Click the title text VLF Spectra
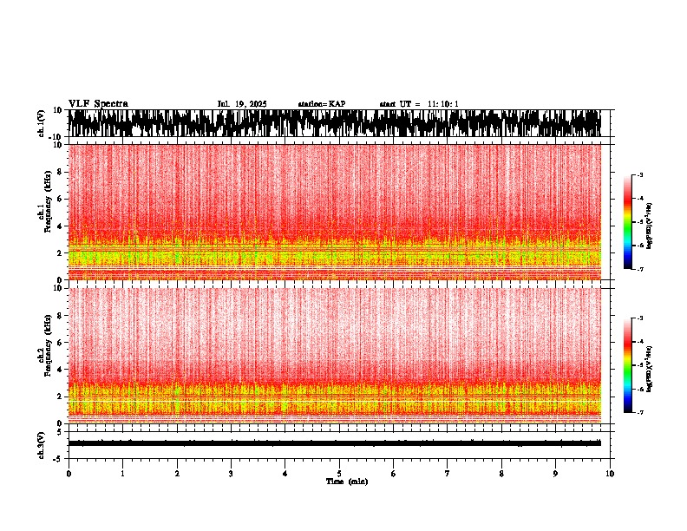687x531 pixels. (x=98, y=103)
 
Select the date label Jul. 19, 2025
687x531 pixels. (x=242, y=104)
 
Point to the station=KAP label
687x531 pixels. (x=322, y=104)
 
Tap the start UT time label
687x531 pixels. (x=419, y=104)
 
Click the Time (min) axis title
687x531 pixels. (x=346, y=481)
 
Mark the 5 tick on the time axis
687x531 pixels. (x=339, y=474)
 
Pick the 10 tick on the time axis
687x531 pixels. (x=610, y=474)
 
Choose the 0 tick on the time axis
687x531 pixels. (x=69, y=474)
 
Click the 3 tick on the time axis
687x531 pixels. (x=231, y=474)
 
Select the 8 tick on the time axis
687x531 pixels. (x=501, y=474)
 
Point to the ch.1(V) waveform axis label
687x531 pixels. (x=41, y=124)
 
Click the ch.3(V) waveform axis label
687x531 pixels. (x=41, y=443)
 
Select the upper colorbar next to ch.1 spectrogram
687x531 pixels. (x=629, y=222)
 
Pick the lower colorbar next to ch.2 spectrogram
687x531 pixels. (x=629, y=365)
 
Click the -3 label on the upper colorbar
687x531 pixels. (x=640, y=175)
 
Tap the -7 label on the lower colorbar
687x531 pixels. (x=640, y=412)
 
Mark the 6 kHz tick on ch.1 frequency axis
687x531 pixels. (x=61, y=199)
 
